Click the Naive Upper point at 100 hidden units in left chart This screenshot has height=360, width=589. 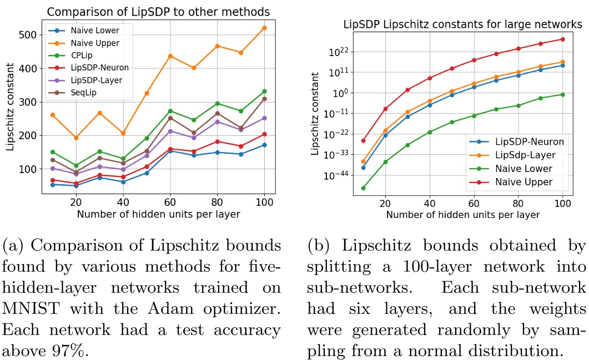pyautogui.click(x=264, y=28)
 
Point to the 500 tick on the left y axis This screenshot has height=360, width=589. pyautogui.click(x=29, y=35)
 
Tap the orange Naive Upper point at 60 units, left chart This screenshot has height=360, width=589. pyautogui.click(x=170, y=56)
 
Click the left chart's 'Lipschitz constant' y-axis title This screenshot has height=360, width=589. pyautogui.click(x=9, y=111)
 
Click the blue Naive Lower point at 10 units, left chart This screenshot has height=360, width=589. pyautogui.click(x=53, y=185)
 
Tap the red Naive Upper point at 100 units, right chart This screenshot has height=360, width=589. pyautogui.click(x=563, y=39)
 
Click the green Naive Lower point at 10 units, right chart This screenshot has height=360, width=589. pyautogui.click(x=363, y=188)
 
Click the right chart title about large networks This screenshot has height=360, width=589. pyautogui.click(x=462, y=24)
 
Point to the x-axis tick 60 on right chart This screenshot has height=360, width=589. pyautogui.click(x=474, y=204)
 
